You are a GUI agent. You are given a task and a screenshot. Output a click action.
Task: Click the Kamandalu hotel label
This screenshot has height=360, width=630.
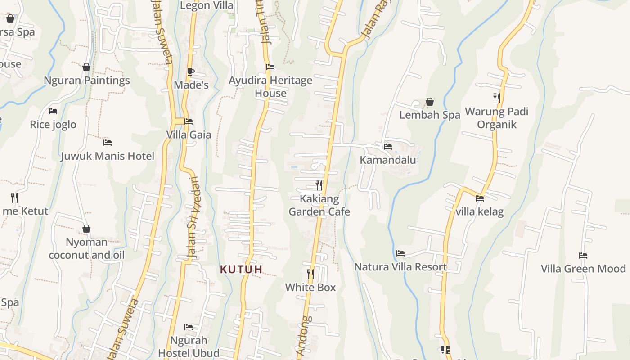(388, 160)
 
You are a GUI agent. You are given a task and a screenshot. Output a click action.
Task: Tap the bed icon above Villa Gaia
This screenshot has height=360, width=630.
(189, 121)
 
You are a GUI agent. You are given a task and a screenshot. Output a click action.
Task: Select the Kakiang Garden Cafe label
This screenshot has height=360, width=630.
(319, 205)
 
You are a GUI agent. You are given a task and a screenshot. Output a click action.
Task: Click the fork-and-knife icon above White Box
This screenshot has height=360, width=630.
(310, 274)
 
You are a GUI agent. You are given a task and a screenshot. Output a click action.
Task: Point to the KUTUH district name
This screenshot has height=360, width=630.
(241, 270)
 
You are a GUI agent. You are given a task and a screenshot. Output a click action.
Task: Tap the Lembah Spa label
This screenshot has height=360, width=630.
(430, 115)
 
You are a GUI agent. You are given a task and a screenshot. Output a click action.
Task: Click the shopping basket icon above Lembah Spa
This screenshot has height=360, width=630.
(430, 102)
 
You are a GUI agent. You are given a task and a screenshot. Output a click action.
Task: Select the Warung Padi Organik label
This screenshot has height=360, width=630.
(496, 118)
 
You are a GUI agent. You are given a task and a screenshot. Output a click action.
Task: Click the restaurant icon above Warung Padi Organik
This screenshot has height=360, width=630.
(496, 98)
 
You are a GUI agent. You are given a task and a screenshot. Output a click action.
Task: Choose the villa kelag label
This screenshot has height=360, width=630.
(480, 211)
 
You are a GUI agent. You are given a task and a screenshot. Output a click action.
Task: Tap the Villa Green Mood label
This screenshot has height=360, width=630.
(583, 269)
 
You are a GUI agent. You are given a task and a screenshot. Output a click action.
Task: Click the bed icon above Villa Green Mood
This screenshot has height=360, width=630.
(583, 256)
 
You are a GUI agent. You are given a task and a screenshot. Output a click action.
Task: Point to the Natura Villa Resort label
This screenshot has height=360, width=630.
(400, 267)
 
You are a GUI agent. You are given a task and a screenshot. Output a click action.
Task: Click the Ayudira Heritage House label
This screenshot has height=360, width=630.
(270, 87)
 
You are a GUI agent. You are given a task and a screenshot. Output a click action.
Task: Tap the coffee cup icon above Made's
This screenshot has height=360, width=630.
(191, 72)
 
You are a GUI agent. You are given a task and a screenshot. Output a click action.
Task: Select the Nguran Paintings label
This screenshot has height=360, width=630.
(86, 81)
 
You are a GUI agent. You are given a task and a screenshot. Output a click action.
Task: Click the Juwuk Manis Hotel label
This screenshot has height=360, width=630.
(107, 156)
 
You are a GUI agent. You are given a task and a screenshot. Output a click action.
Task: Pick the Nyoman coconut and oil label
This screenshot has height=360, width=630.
(86, 248)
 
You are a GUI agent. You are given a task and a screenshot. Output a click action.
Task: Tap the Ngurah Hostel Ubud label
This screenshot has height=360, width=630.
(189, 346)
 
